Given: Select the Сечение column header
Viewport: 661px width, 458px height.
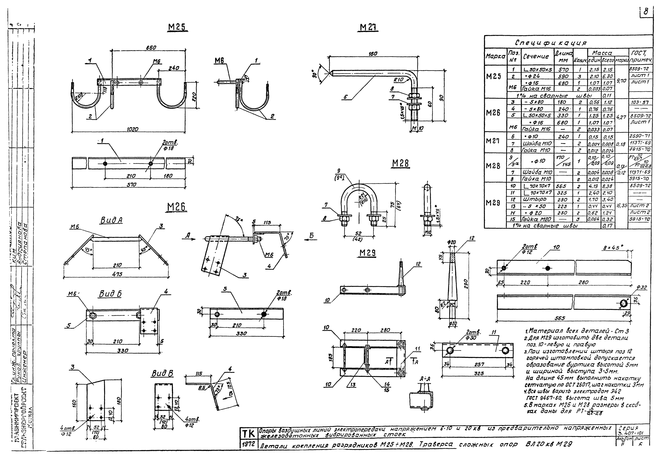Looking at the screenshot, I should tap(536, 57).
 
